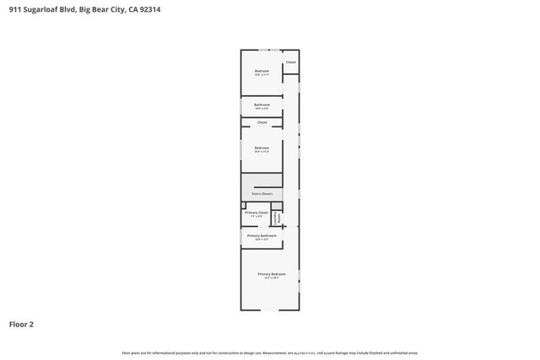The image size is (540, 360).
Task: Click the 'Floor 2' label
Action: coord(22,324)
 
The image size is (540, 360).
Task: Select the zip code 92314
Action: coord(149,9)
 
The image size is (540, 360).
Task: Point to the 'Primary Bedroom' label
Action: coord(272,274)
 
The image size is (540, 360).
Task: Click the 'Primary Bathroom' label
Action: coord(262,235)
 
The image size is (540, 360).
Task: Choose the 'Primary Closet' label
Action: coord(256,212)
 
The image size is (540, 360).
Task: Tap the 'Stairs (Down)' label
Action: coord(261,193)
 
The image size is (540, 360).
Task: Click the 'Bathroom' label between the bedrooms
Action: coord(262,105)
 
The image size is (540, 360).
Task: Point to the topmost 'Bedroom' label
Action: coord(262,71)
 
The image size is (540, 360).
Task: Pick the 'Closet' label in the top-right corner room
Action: coord(290,62)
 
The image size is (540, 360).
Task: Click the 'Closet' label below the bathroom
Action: coord(262,122)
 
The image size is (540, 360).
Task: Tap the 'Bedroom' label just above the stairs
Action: coord(262,148)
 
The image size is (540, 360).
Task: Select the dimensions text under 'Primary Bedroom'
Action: coord(272,278)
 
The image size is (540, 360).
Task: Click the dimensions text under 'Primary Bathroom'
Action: coord(262,239)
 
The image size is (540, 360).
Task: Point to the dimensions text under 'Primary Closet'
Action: coord(256,217)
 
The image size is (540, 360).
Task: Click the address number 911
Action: coord(14,9)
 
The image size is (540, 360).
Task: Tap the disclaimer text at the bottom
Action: coord(270,352)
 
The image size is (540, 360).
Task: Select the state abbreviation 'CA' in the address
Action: coord(130,9)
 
